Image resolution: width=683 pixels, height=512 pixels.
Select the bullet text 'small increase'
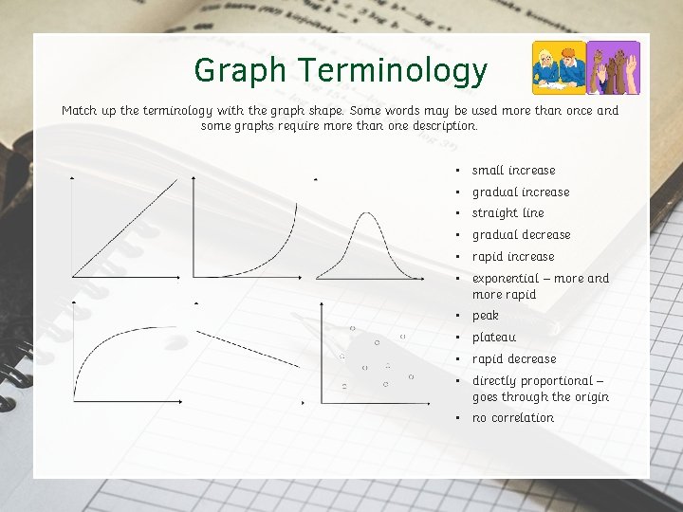click(x=513, y=171)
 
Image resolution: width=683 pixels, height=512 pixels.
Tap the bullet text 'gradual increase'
click(x=521, y=192)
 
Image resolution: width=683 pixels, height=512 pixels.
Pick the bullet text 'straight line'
click(x=508, y=213)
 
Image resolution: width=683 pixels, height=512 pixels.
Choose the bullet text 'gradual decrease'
click(x=521, y=235)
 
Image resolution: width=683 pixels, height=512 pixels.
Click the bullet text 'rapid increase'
click(x=513, y=257)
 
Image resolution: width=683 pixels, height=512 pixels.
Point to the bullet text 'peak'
click(x=485, y=316)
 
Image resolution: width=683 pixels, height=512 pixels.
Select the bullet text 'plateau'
click(x=493, y=338)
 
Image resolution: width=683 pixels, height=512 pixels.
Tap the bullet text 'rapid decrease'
click(x=514, y=359)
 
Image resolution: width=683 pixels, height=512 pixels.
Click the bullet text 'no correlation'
click(x=512, y=418)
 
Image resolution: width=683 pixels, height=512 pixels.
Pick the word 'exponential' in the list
click(x=505, y=279)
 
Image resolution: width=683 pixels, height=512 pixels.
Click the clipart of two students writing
click(x=558, y=67)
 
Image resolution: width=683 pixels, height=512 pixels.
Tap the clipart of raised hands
click(x=614, y=67)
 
